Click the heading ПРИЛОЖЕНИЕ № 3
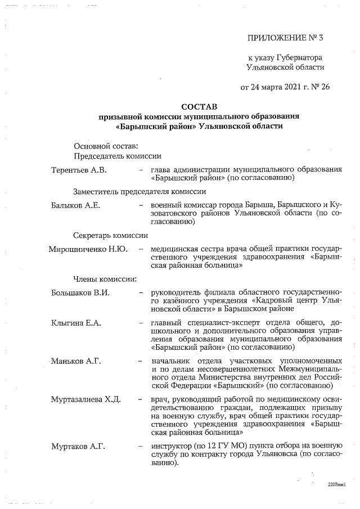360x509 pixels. tap(286, 38)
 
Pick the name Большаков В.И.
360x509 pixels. tap(80, 292)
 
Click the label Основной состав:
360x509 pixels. tap(105, 146)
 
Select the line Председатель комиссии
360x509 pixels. tap(118, 156)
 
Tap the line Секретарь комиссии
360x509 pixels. tap(110, 236)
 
